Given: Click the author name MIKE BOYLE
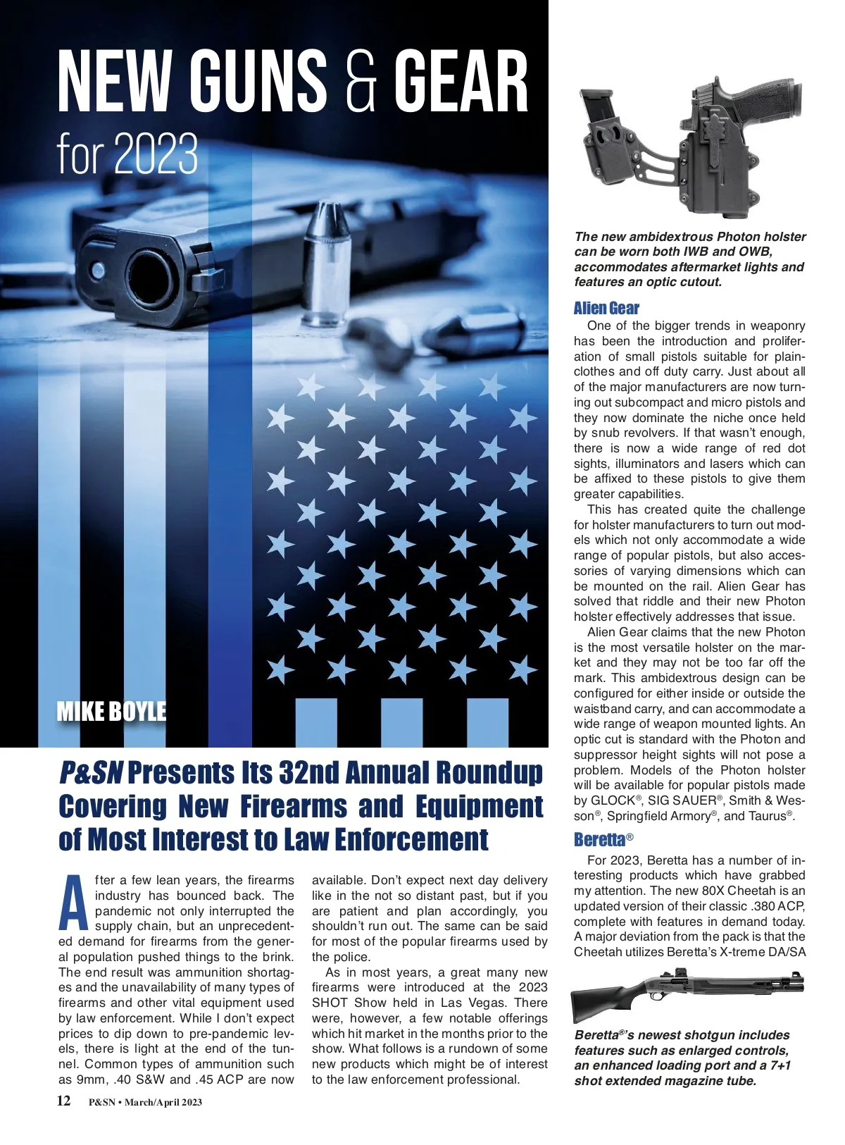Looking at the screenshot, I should tap(111, 712).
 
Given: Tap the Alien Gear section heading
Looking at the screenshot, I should tap(606, 308).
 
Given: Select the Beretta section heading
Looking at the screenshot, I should tap(599, 839).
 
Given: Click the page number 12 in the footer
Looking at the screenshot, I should tap(63, 1101).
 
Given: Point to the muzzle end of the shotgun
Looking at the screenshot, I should tap(800, 978).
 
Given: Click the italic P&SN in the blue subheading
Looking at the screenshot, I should tap(90, 773).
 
